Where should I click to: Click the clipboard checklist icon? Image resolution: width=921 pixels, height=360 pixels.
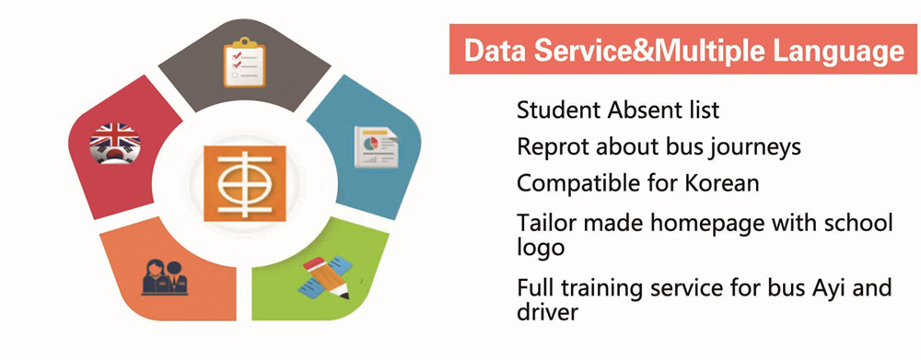click(x=244, y=63)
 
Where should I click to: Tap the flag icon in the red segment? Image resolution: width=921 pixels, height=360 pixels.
click(x=115, y=144)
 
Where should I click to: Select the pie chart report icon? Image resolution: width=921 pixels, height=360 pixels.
click(x=376, y=146)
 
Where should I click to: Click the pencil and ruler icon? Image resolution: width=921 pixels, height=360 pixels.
click(x=327, y=278)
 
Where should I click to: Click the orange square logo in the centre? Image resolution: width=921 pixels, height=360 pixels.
click(x=245, y=183)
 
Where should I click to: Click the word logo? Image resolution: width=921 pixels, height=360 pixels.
click(x=541, y=248)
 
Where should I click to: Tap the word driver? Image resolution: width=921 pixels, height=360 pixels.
click(x=547, y=312)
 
